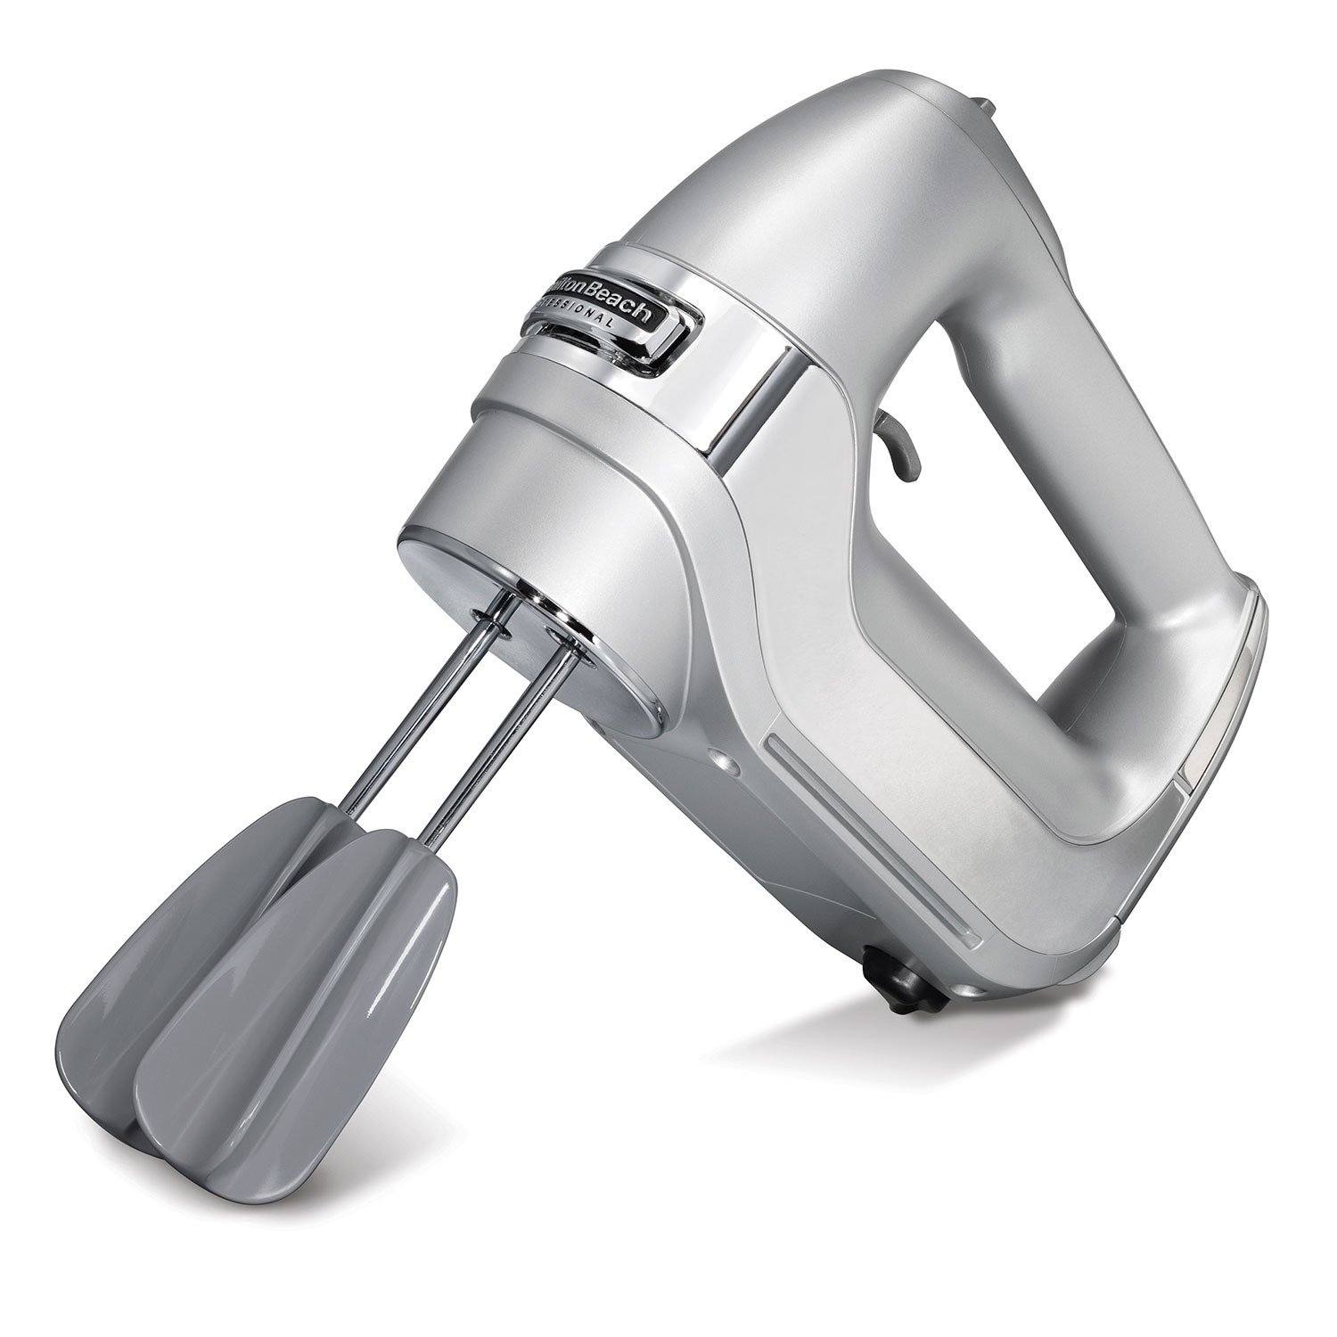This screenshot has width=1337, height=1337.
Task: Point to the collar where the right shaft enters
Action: pos(562,635)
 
